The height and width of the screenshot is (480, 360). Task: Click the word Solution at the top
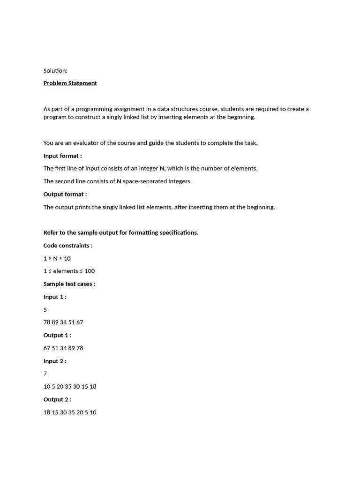tap(55, 71)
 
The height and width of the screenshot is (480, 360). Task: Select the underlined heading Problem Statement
tap(70, 83)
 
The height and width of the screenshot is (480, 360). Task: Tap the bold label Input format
tap(62, 156)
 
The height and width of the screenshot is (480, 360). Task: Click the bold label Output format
tap(65, 195)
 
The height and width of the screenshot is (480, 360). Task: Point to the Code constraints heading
tap(68, 246)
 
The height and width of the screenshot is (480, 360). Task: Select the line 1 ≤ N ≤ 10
tap(57, 258)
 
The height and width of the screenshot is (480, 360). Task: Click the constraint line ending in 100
tap(69, 271)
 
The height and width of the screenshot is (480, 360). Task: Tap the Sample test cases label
tap(69, 284)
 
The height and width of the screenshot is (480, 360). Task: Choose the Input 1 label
tap(55, 297)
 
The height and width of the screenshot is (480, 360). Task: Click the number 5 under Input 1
tap(45, 310)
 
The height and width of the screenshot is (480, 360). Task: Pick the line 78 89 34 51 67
tap(63, 322)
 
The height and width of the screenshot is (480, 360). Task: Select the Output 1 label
tap(57, 335)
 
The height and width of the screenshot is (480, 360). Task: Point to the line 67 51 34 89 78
tap(63, 348)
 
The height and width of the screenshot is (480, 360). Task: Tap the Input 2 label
tap(55, 361)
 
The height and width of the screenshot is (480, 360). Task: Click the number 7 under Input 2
tap(45, 374)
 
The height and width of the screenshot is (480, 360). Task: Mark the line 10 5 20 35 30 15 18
tap(70, 387)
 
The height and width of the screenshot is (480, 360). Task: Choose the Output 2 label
tap(57, 399)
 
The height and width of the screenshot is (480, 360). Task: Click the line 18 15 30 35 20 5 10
tap(70, 412)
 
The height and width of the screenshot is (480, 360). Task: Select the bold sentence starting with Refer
tap(121, 233)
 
